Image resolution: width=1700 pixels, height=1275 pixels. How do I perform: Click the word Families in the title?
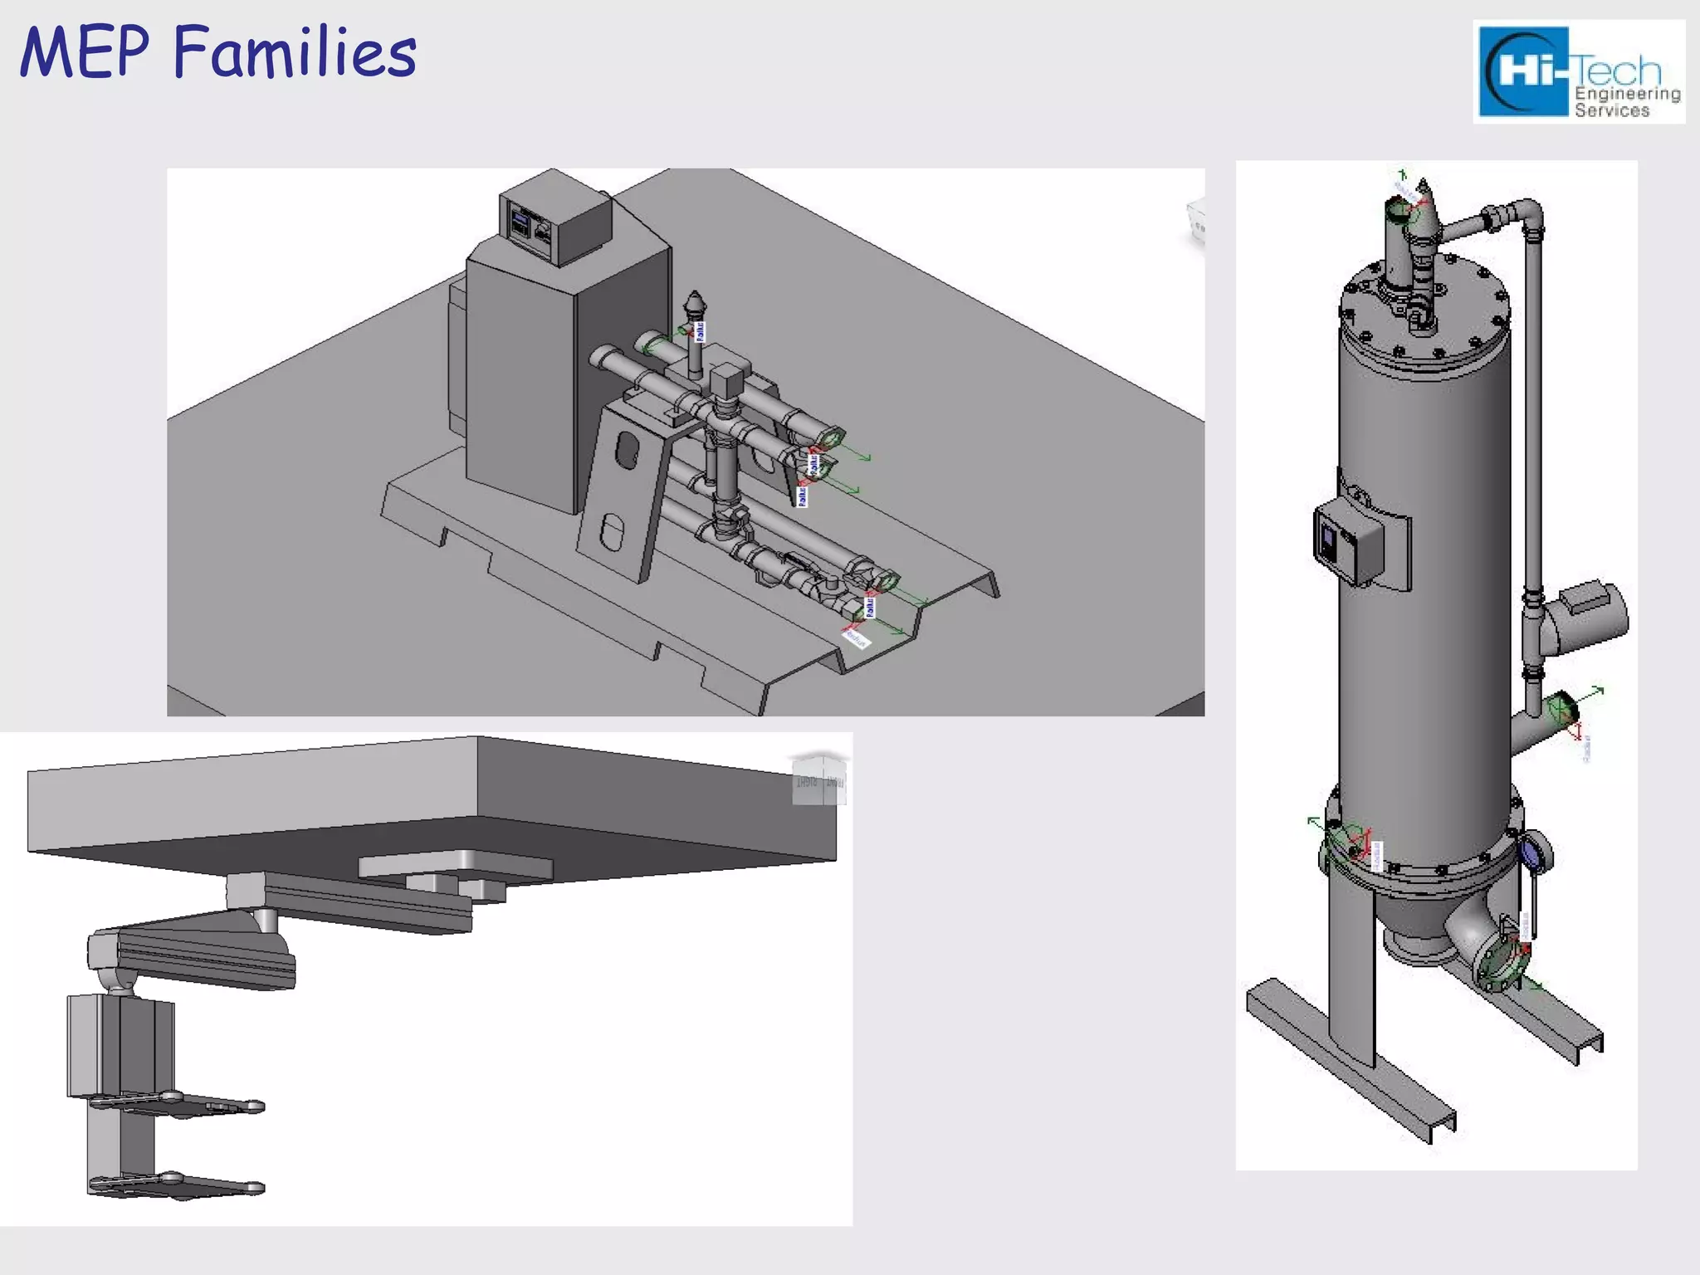pyautogui.click(x=295, y=52)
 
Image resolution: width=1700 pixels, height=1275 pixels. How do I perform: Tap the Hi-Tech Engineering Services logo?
pyautogui.click(x=1578, y=72)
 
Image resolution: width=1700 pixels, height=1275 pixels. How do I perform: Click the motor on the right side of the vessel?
pyautogui.click(x=1589, y=615)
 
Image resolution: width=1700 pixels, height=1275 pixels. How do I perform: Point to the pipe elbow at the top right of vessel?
pyautogui.click(x=1527, y=214)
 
